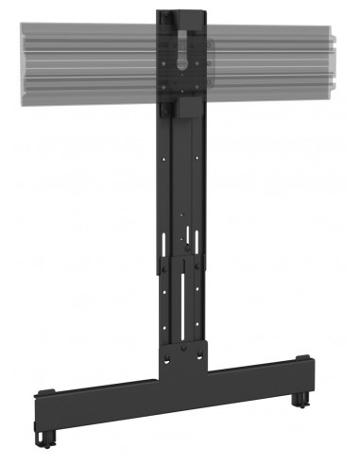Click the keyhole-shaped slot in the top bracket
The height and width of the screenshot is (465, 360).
point(182,52)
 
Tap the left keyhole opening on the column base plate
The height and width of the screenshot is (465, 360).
point(166,359)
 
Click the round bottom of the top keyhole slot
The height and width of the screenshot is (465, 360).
point(182,64)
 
